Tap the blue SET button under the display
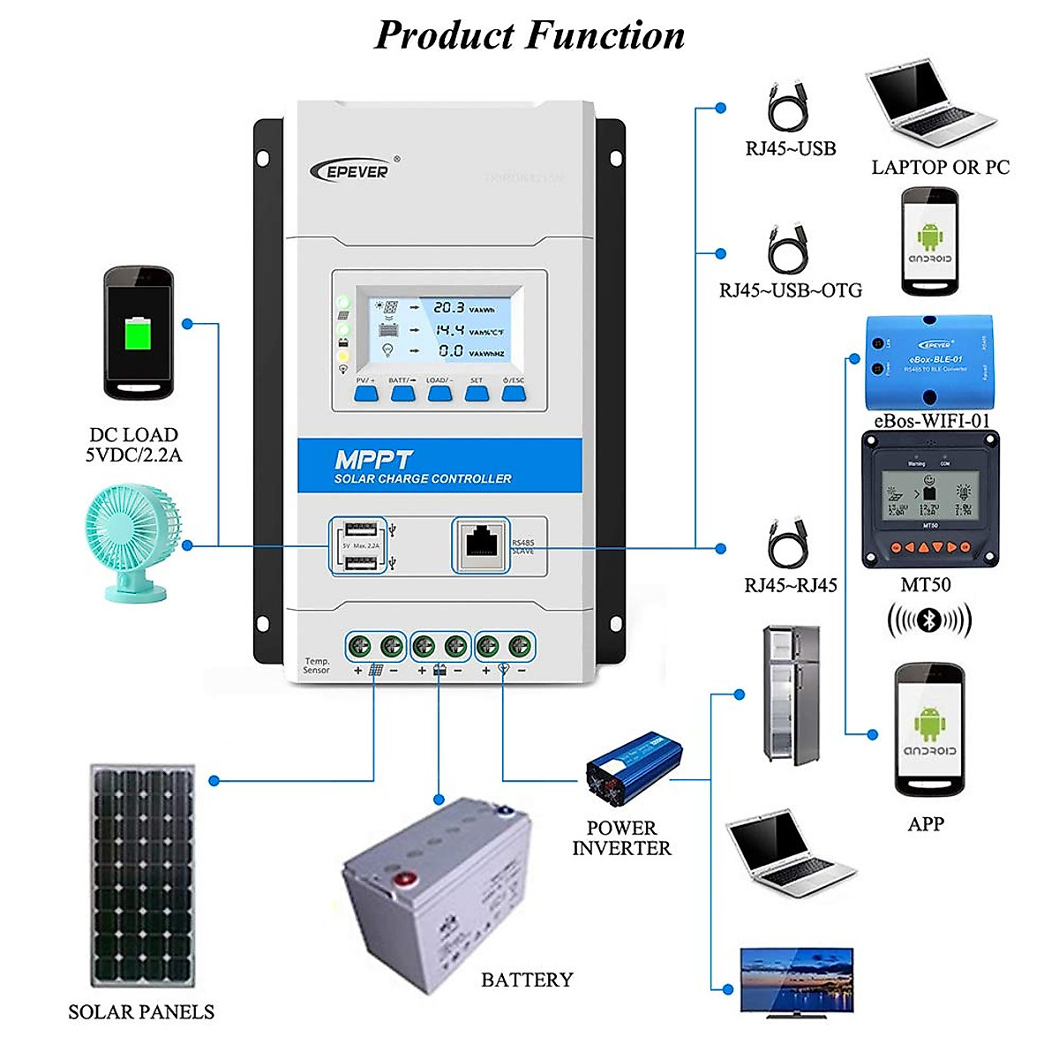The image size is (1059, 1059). tap(477, 393)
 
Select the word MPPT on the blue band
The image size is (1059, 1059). tap(373, 460)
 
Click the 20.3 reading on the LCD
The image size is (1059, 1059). tap(448, 308)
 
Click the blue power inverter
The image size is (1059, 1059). tap(634, 766)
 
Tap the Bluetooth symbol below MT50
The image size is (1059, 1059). tap(928, 620)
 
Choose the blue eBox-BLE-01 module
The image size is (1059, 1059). tap(928, 361)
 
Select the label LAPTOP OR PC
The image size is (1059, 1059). tap(940, 168)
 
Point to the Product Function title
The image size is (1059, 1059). tap(529, 35)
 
